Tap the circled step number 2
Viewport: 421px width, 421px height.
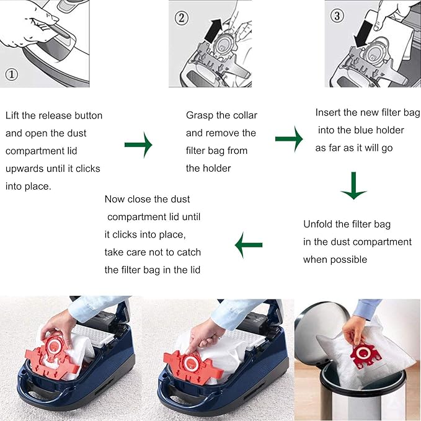pyautogui.click(x=181, y=18)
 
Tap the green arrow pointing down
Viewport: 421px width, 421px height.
pyautogui.click(x=354, y=187)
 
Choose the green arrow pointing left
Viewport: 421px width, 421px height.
pyautogui.click(x=249, y=247)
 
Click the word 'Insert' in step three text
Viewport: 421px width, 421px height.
pyautogui.click(x=329, y=113)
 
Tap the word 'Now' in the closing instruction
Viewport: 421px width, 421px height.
pyautogui.click(x=115, y=199)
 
